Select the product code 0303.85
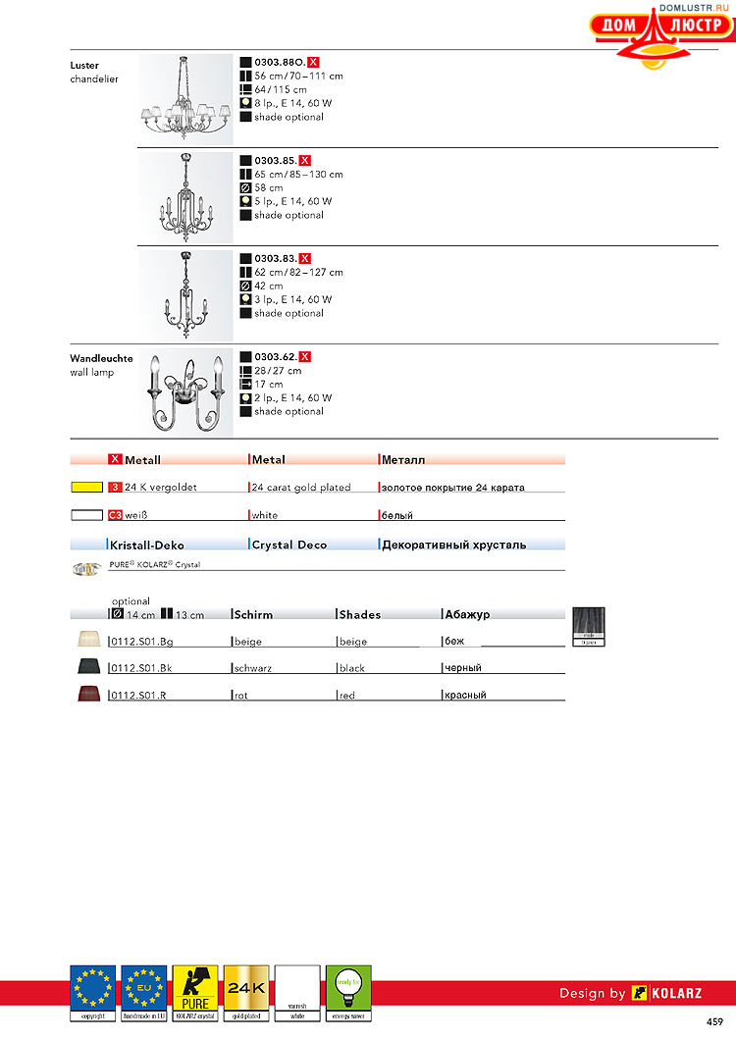pyautogui.click(x=276, y=159)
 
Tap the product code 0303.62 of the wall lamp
pyautogui.click(x=276, y=356)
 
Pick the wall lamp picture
pyautogui.click(x=186, y=390)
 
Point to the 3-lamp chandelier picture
pyautogui.click(x=186, y=294)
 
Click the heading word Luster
pyautogui.click(x=84, y=66)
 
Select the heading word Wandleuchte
pyautogui.click(x=101, y=359)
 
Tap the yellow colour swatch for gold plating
pyautogui.click(x=87, y=487)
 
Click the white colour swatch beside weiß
pyautogui.click(x=87, y=514)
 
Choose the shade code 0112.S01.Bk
pyautogui.click(x=141, y=668)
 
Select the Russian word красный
pyautogui.click(x=465, y=696)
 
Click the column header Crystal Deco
pyautogui.click(x=289, y=545)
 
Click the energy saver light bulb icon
pyautogui.click(x=348, y=992)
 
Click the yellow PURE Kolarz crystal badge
pyautogui.click(x=194, y=992)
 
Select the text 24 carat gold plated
pyautogui.click(x=301, y=488)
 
